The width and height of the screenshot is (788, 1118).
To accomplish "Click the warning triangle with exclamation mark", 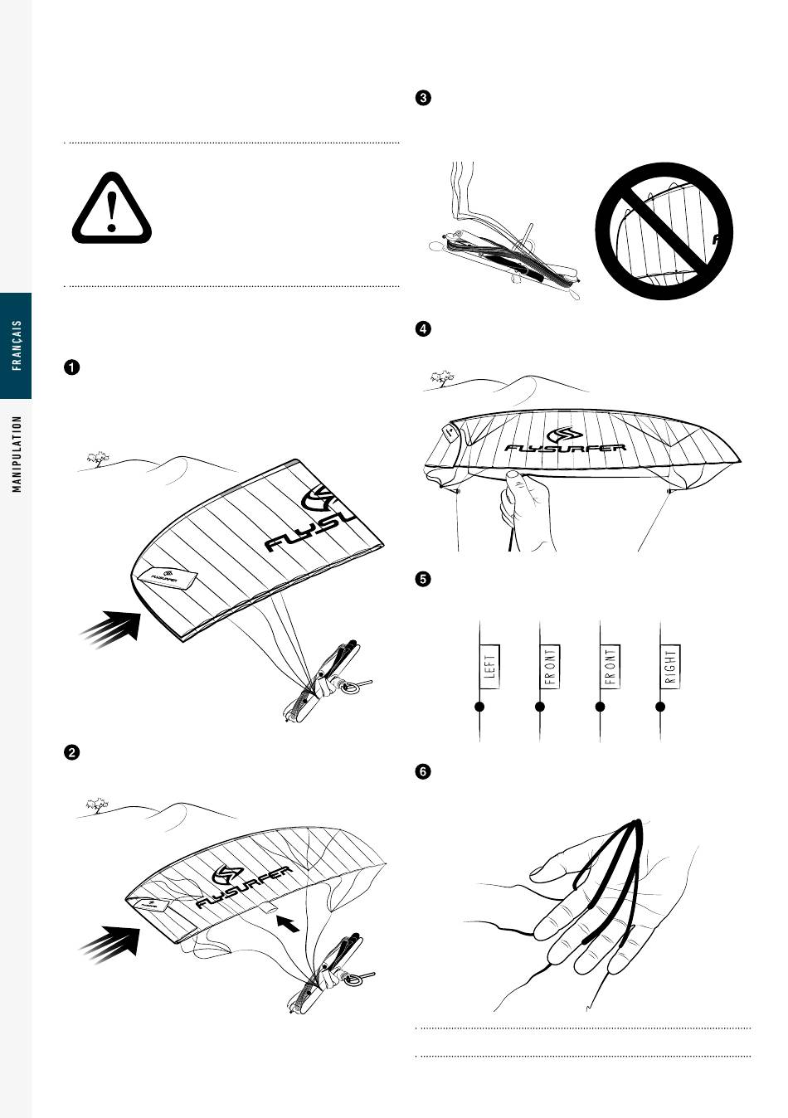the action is [112, 208].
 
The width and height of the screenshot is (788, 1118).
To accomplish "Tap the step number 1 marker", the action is [72, 368].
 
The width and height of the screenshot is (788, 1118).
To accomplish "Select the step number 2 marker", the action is [72, 752].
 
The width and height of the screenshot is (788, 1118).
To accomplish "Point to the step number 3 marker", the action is [423, 97].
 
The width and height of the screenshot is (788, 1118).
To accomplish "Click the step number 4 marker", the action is [423, 329].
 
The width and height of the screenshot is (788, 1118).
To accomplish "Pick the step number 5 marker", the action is [423, 579].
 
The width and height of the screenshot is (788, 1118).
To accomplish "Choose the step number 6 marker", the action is [423, 771].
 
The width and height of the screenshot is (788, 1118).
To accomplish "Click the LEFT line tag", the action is [489, 667].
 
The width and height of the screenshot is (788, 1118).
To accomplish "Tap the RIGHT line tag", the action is [670, 667].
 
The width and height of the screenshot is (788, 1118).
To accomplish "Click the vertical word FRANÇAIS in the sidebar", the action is [17, 345].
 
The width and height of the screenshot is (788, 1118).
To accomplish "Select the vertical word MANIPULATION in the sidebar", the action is [17, 454].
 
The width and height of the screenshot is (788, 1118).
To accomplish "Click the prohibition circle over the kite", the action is [664, 231].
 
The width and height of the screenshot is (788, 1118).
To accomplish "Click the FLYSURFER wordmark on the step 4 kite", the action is [565, 447].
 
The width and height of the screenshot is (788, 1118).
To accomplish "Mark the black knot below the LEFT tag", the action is [479, 707].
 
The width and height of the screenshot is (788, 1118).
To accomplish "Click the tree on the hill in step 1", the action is [98, 459].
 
